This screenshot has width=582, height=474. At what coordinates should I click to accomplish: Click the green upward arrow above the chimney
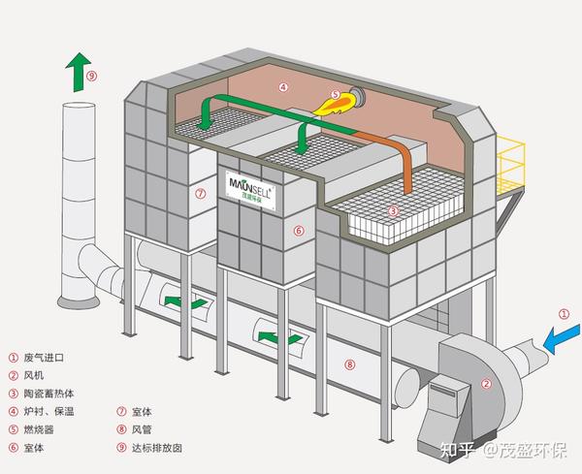tap(78, 72)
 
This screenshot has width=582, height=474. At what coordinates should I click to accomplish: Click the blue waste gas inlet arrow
tap(562, 338)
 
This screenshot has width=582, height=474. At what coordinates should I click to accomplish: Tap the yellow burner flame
tap(334, 104)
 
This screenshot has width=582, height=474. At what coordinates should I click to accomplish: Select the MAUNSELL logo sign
tap(250, 190)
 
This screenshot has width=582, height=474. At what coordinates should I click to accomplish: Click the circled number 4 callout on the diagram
tap(283, 87)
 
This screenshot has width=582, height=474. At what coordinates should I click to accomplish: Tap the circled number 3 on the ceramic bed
tap(394, 211)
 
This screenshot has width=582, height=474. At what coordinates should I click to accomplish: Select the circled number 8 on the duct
tap(349, 364)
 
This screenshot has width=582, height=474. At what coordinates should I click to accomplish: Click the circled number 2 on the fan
tap(486, 384)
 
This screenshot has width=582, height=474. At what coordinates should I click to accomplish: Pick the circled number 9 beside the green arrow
tap(92, 76)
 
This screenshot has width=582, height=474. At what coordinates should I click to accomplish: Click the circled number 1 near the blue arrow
tap(564, 314)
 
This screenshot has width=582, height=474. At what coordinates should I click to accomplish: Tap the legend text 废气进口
tap(44, 358)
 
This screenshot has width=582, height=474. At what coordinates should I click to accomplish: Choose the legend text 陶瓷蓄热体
tap(49, 394)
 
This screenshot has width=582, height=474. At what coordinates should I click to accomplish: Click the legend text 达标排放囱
tap(157, 448)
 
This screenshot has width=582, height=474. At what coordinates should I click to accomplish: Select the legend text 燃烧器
tap(39, 429)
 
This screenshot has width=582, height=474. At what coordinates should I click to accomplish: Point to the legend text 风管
tap(142, 429)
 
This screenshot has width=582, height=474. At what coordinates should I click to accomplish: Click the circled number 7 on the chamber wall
tap(201, 193)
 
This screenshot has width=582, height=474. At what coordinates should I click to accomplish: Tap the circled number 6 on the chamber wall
tap(299, 231)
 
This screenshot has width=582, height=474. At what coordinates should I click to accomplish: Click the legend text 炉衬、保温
tap(49, 411)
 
